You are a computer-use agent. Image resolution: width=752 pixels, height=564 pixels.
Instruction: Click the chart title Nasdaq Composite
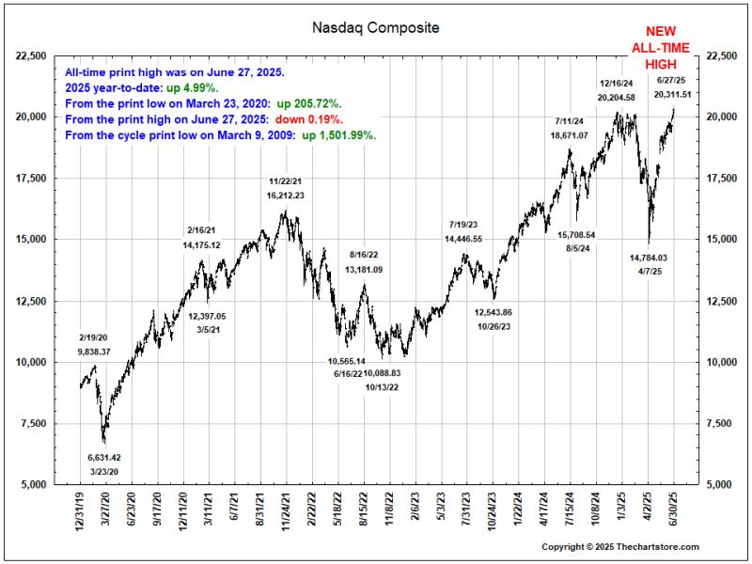pyautogui.click(x=375, y=28)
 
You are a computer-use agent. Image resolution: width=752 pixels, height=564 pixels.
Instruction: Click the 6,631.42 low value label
pyautogui.click(x=104, y=458)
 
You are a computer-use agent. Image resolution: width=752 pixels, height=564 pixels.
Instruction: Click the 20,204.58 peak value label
pyautogui.click(x=616, y=97)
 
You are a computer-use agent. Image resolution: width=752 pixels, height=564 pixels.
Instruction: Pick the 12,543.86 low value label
pyautogui.click(x=493, y=312)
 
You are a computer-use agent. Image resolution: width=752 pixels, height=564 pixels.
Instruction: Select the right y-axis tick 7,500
pyautogui.click(x=717, y=423)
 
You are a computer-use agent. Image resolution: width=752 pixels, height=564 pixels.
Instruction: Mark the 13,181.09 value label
pyautogui.click(x=364, y=270)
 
